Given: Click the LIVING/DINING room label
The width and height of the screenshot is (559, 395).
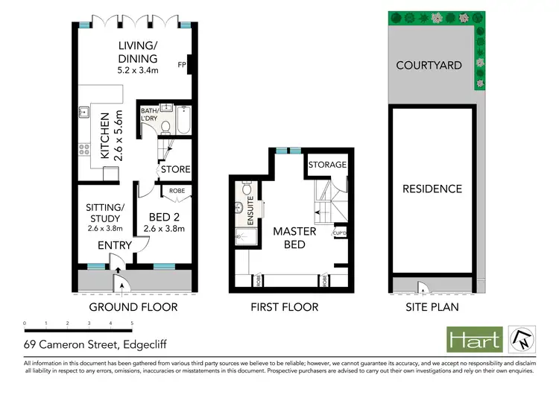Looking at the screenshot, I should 137,54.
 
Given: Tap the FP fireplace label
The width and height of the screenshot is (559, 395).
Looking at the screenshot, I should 181,65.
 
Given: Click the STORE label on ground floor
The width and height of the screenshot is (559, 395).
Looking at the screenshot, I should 176,170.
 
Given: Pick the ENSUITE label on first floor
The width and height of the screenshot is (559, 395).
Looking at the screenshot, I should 250,209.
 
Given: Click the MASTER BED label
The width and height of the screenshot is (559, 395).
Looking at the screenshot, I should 294,238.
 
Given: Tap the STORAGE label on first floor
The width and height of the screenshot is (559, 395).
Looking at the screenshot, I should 327,165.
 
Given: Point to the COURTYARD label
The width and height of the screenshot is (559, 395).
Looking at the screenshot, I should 429,65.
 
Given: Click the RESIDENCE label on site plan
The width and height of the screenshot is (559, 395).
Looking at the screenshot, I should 432,189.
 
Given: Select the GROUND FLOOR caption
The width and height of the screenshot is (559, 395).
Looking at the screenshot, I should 133,307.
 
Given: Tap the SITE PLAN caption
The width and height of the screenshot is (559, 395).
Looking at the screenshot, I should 432,307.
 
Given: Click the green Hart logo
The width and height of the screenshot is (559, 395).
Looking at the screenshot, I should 473,340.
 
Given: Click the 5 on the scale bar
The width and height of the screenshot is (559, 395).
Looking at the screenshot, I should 132,323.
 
